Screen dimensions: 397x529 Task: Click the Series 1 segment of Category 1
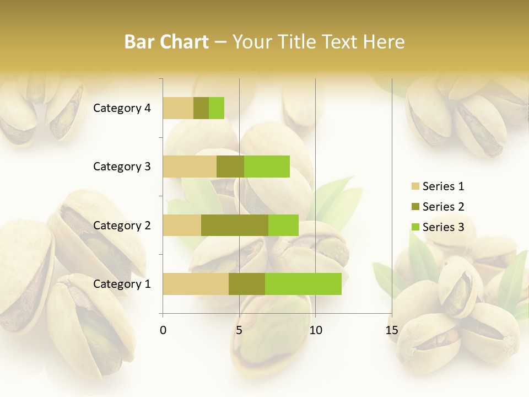(x=196, y=284)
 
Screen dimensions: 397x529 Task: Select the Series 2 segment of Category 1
(x=247, y=284)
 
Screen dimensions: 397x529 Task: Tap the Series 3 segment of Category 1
(x=303, y=284)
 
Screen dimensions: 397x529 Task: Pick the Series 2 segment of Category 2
(x=235, y=225)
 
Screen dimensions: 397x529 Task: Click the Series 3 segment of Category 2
(x=283, y=225)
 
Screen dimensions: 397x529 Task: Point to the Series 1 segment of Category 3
(x=190, y=167)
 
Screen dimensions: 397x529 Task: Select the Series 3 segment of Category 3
(x=267, y=167)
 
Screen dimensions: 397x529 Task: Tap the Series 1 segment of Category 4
(x=178, y=108)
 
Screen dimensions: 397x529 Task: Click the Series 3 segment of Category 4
(x=217, y=108)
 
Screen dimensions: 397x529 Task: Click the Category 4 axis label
(x=122, y=108)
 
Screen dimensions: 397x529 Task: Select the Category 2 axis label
(x=122, y=225)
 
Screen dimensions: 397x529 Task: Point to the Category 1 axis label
(x=122, y=284)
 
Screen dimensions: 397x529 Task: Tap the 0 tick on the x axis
(x=163, y=330)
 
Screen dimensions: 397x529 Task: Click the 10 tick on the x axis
(x=315, y=330)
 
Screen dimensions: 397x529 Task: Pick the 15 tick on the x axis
(x=391, y=330)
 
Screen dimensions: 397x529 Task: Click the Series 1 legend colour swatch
(x=415, y=186)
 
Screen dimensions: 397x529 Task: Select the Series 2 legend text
(x=443, y=207)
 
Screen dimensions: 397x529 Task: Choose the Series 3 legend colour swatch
(x=415, y=227)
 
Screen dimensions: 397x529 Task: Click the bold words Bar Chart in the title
(x=166, y=42)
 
